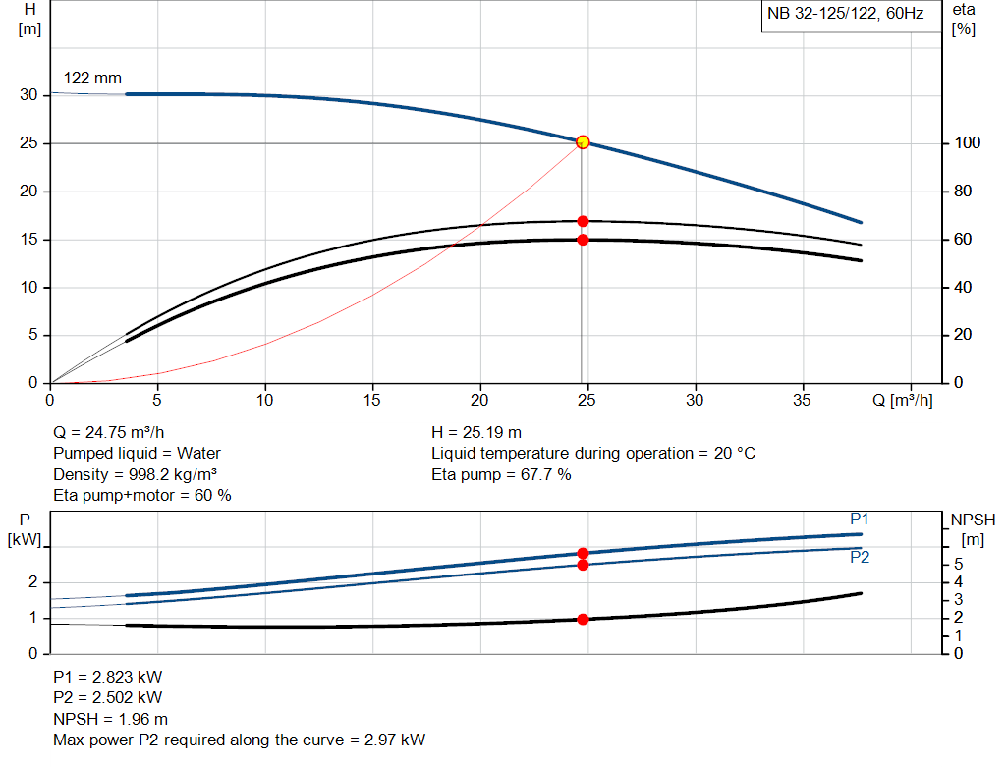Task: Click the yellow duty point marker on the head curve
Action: [x=583, y=142]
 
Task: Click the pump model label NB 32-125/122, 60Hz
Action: [x=845, y=15]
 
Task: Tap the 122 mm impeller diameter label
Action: [x=92, y=78]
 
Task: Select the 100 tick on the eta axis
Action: [x=966, y=143]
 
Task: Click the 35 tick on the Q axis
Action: [x=803, y=400]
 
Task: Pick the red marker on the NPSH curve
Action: [x=583, y=619]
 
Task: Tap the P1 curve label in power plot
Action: [x=860, y=519]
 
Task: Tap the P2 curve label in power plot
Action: [x=860, y=557]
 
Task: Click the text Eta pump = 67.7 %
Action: [x=501, y=474]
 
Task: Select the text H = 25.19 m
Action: [x=476, y=432]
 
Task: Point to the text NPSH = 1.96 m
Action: [x=110, y=719]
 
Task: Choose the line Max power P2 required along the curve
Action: [x=239, y=740]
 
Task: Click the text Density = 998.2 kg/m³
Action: [x=135, y=474]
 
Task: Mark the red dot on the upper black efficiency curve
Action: [x=583, y=221]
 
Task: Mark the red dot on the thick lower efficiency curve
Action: [x=583, y=240]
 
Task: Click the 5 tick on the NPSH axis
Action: [x=960, y=565]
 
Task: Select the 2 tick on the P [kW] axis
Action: [x=32, y=582]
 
